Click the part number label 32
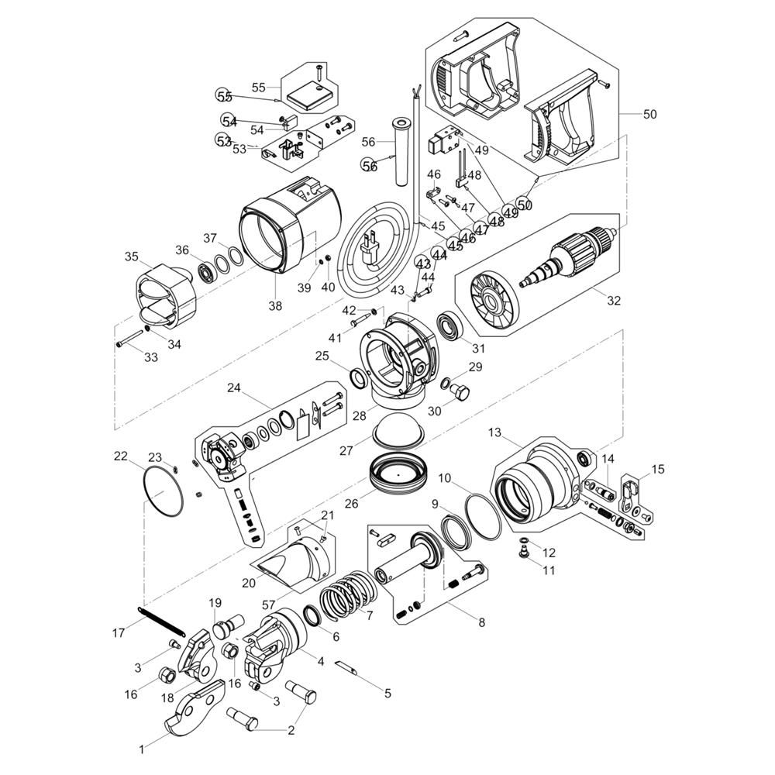coord(613,301)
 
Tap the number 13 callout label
coord(494,432)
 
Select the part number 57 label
coord(268,604)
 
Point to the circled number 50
coord(525,203)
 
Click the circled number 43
coord(422,263)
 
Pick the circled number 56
coord(369,165)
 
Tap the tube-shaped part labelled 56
coord(401,152)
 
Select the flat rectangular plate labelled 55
coord(311,96)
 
